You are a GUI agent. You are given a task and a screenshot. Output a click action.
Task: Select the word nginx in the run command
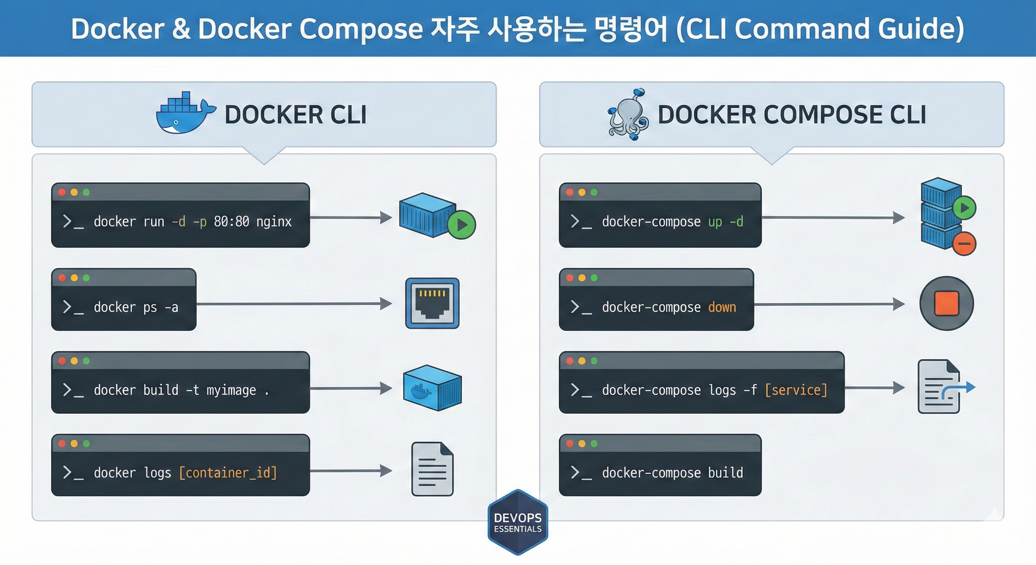[x=273, y=221]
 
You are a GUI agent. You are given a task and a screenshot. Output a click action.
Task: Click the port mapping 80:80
[x=231, y=221]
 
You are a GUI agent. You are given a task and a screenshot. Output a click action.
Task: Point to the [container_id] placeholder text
[x=228, y=473]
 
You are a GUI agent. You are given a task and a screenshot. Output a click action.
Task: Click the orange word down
[x=722, y=307]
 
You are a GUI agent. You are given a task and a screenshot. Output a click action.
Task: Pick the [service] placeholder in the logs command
[x=796, y=390]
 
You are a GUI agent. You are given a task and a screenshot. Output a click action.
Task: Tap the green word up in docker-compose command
[x=715, y=221]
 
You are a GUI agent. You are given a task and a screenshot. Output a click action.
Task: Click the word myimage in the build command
[x=231, y=390]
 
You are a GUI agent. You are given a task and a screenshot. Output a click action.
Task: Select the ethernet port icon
[x=432, y=303]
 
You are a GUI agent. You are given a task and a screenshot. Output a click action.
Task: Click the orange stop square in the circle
[x=947, y=303]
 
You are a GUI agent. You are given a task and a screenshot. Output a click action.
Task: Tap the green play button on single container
[x=462, y=225]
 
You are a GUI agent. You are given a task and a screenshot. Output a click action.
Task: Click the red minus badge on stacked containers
[x=964, y=243]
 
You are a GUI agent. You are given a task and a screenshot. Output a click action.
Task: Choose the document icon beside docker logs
[x=432, y=469]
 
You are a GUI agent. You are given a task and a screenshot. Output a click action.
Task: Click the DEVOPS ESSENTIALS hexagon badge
[x=518, y=522]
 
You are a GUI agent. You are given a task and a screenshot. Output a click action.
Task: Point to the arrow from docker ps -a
[x=294, y=303]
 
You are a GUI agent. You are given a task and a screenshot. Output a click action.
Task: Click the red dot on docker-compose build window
[x=570, y=444]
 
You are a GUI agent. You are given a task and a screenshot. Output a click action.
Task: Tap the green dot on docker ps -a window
[x=86, y=278]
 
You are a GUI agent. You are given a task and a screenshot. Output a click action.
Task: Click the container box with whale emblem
[x=432, y=388]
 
